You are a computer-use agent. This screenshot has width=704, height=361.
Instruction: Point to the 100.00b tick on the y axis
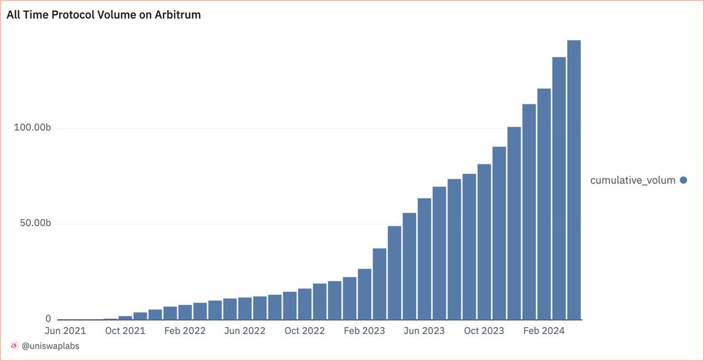(33, 128)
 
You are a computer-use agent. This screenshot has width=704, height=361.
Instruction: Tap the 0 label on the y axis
(48, 319)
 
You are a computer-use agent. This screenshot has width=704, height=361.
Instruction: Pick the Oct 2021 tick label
(125, 331)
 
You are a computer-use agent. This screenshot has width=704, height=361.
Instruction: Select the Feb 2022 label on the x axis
(185, 331)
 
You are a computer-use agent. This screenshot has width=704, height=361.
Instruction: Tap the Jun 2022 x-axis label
(245, 331)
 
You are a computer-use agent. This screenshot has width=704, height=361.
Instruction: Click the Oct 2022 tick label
(304, 331)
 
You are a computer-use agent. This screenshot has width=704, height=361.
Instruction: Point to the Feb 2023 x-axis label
(364, 331)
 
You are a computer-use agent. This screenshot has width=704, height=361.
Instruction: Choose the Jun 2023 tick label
(424, 331)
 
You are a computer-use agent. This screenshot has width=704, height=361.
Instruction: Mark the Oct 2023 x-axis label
(484, 331)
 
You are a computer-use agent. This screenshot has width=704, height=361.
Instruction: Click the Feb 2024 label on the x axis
(544, 331)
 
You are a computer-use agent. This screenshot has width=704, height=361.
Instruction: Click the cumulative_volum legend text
(632, 180)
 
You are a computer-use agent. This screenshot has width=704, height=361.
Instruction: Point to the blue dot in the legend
(683, 180)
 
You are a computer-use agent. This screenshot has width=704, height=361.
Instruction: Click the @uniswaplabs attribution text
(50, 346)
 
